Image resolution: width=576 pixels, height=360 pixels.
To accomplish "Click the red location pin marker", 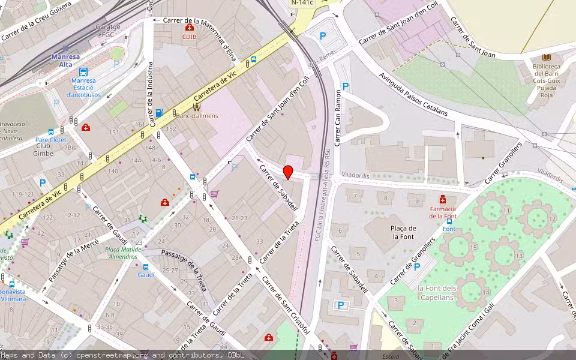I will [288, 172].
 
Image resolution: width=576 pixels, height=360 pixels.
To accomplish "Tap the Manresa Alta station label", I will [65, 61].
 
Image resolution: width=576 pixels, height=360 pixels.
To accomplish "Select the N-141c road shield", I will [301, 3].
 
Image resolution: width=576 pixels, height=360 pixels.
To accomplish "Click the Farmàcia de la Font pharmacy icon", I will [443, 199].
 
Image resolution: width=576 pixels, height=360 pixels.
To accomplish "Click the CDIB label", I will [190, 37].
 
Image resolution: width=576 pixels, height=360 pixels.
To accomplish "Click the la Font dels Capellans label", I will [437, 292].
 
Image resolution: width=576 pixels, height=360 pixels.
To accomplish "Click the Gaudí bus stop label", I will [146, 275].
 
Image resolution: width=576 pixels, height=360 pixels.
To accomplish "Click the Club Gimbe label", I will [43, 149].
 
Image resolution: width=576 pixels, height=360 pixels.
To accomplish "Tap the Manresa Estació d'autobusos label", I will [83, 88].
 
